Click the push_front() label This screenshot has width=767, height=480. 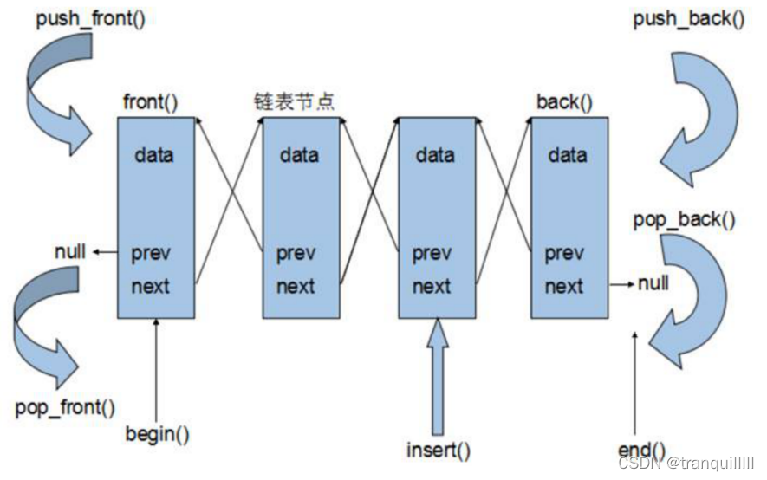coord(90,18)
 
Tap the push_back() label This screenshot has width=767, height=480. coord(687,18)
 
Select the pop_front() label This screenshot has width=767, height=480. coord(65,406)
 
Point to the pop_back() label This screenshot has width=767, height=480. coord(685,220)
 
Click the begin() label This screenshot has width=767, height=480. coord(157,433)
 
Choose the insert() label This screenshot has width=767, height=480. coord(439,451)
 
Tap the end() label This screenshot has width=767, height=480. coord(642,450)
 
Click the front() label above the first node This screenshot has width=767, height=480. coord(149,103)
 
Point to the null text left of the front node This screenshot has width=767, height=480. coord(70,252)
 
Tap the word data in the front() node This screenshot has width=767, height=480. coord(154,156)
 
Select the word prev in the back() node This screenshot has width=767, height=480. coord(563,255)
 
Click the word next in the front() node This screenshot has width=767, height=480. coord(151,287)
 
